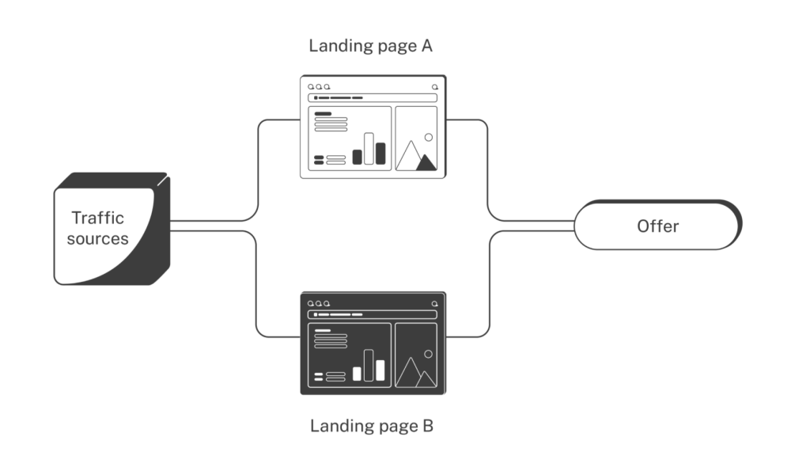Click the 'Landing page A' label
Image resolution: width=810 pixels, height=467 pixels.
[370, 46]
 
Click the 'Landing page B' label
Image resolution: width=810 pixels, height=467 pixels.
[372, 426]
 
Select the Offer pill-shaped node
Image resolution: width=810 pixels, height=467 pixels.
[658, 226]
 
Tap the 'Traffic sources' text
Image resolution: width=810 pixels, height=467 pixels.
[97, 228]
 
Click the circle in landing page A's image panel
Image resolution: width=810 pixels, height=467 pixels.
[428, 137]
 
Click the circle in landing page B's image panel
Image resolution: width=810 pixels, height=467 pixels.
[428, 355]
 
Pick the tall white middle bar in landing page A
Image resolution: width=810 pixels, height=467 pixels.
[369, 149]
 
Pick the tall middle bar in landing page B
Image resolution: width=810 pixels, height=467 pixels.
[369, 365]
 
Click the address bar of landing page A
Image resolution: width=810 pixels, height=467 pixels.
[373, 97]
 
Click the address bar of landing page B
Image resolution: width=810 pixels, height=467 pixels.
[373, 314]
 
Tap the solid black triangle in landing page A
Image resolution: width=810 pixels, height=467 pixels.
[426, 162]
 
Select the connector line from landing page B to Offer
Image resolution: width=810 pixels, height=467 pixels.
[489, 283]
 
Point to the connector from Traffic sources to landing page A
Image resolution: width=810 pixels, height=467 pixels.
[258, 171]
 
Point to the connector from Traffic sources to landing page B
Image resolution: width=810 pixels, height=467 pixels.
[255, 283]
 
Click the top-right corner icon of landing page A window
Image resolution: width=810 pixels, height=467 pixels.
[435, 87]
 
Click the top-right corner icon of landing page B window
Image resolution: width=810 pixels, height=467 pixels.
[435, 304]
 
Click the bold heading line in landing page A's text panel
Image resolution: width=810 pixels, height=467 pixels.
[323, 113]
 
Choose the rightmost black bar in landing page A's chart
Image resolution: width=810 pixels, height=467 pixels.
[380, 154]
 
